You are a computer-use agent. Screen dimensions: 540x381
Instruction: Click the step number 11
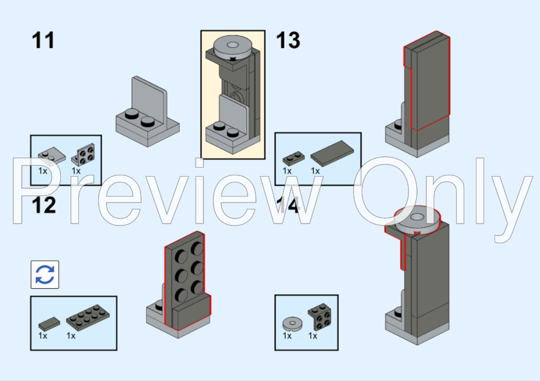click(x=43, y=40)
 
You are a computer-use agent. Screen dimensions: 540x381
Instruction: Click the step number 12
click(x=44, y=206)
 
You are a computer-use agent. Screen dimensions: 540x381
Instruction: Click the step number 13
click(x=288, y=40)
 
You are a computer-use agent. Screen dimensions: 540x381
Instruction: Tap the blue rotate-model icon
click(x=45, y=275)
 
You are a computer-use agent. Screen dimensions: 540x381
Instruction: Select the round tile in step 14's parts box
click(x=292, y=323)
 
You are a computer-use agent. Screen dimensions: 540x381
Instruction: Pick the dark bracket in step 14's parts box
click(x=320, y=317)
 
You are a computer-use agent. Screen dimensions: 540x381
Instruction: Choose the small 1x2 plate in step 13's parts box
click(x=294, y=159)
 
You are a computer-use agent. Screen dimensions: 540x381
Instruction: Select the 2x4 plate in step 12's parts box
click(x=88, y=318)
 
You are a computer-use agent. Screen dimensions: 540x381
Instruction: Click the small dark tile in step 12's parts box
click(x=49, y=324)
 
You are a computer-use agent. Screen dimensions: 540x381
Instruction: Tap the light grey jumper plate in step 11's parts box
click(x=52, y=156)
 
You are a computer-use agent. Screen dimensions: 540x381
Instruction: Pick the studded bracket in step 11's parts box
click(x=83, y=154)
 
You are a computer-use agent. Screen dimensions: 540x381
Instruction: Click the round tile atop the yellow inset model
click(x=232, y=47)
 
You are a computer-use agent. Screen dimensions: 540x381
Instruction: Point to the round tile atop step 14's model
click(x=417, y=219)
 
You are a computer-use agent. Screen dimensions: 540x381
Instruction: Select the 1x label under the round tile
click(x=287, y=336)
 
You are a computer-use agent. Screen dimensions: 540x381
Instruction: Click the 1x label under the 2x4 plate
click(x=71, y=336)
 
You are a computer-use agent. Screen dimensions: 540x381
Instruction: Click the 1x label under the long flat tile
click(x=315, y=171)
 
